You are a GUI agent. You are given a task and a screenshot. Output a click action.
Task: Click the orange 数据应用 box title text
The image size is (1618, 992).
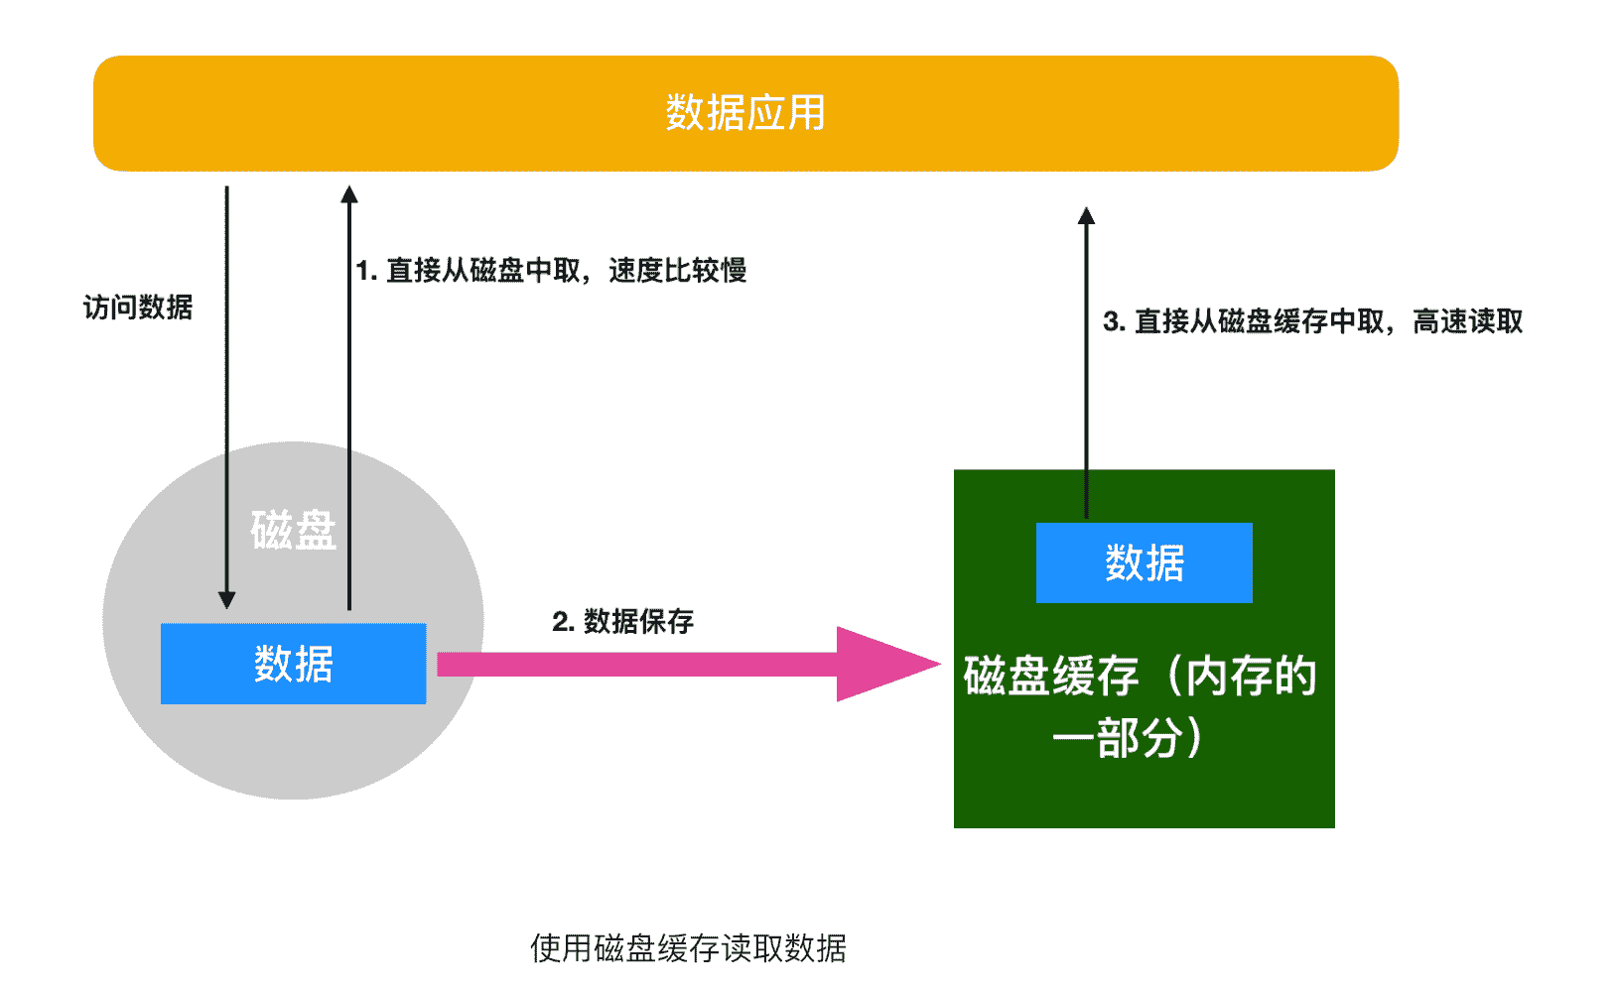click(744, 113)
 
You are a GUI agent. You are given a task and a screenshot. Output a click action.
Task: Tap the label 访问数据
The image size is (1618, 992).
click(138, 308)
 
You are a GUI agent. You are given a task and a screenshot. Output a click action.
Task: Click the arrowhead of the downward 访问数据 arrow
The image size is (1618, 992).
click(226, 599)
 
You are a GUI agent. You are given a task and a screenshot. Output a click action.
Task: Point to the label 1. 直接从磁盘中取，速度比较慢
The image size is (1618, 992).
click(551, 270)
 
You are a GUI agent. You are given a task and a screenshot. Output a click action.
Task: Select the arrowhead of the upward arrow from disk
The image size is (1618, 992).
click(348, 194)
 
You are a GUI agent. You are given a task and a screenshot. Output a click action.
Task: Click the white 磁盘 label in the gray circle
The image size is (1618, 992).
click(294, 530)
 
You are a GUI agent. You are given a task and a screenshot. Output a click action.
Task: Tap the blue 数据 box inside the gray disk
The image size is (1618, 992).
click(293, 664)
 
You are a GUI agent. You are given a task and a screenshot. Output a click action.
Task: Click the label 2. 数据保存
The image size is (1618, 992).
click(622, 621)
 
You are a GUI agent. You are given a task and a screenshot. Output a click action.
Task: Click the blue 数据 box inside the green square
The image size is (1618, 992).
click(1144, 562)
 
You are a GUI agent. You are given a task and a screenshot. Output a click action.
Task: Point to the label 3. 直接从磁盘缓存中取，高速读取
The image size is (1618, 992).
click(1312, 321)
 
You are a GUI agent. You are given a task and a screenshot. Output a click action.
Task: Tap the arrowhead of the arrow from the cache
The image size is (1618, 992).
click(1086, 216)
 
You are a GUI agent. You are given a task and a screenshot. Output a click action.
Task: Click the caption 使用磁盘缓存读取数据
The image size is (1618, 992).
click(688, 948)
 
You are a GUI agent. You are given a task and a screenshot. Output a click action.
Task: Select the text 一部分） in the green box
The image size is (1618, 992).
click(1129, 738)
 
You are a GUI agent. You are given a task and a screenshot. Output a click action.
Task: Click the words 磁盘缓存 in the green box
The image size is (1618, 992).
click(1050, 677)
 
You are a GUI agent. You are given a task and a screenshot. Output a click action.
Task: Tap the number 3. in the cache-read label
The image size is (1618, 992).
click(1114, 321)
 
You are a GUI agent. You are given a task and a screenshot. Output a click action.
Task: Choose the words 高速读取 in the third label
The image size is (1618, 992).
click(1467, 321)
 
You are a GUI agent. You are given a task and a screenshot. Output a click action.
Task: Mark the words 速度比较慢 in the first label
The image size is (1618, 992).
click(677, 270)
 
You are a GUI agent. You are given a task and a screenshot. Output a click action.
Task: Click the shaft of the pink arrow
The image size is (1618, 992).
click(635, 664)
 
